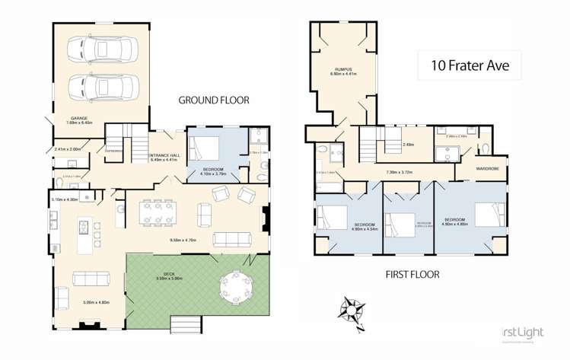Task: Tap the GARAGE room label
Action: tap(80, 118)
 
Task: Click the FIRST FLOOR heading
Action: tap(412, 275)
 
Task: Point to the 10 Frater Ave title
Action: tap(470, 66)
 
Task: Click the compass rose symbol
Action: tap(352, 307)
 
